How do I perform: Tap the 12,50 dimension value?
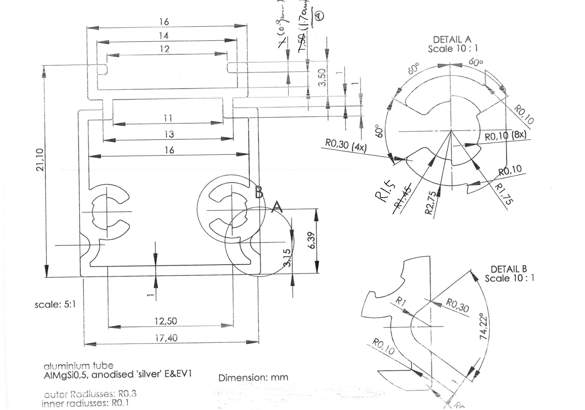click(166, 321)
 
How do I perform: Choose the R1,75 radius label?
click(504, 194)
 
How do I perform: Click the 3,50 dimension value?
click(322, 77)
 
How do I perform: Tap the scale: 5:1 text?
click(55, 304)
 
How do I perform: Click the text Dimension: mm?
click(253, 378)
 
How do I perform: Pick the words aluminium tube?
click(78, 366)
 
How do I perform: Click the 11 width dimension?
click(168, 118)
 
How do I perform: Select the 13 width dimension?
click(169, 134)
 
